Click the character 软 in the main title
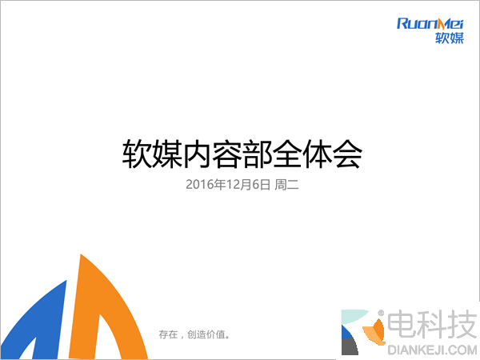pos(135,154)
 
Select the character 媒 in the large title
pos(166,154)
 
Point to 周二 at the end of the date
pos(286,185)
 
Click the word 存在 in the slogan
pos(167,334)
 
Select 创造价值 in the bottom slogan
pos(210,334)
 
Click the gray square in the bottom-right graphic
pos(349,347)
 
